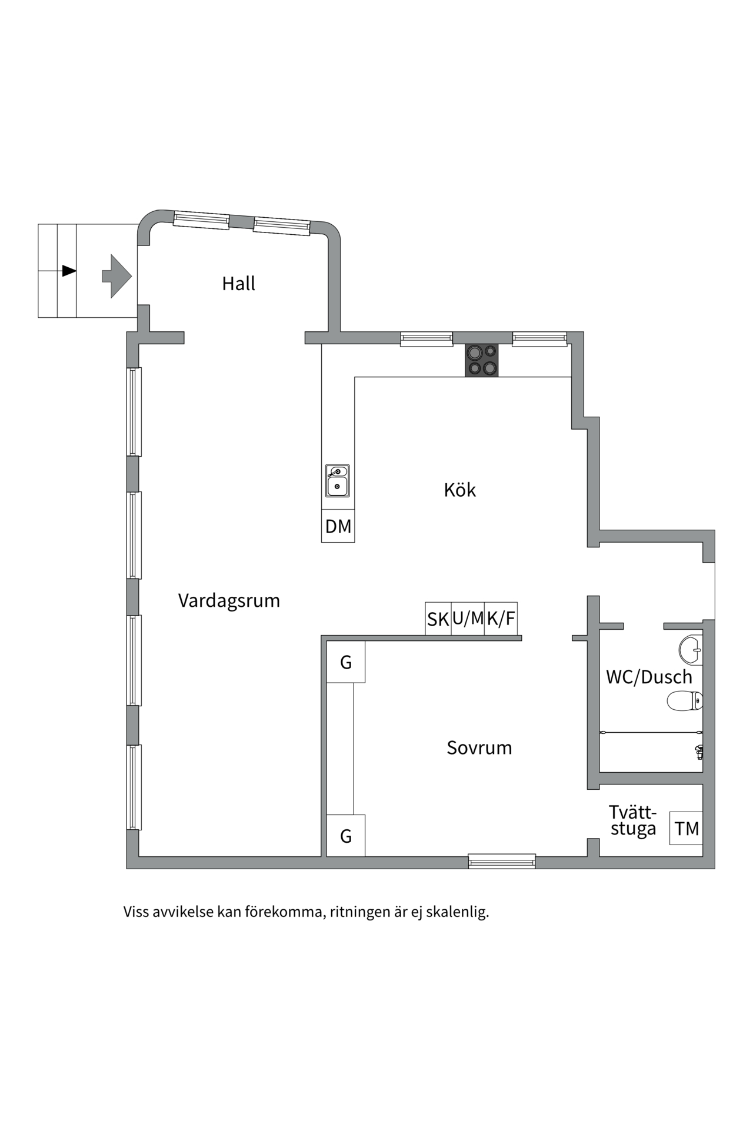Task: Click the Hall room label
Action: click(x=238, y=284)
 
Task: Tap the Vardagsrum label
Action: click(x=229, y=600)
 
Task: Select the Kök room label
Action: click(x=459, y=490)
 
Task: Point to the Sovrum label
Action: click(x=479, y=747)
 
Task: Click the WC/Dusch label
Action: click(x=648, y=677)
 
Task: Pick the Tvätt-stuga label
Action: click(x=632, y=820)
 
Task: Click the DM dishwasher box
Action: click(x=338, y=526)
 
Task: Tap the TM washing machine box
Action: click(x=687, y=829)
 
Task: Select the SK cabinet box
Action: click(x=438, y=619)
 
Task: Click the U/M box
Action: click(x=468, y=619)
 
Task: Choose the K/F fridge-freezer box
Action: click(x=501, y=619)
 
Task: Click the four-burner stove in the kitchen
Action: click(x=482, y=360)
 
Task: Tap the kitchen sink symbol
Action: click(x=338, y=480)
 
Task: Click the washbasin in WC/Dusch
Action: click(x=691, y=650)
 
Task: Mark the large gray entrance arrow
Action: click(x=116, y=275)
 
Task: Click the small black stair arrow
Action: click(x=69, y=271)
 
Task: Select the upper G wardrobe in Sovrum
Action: click(x=346, y=662)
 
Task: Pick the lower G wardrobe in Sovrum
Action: click(x=346, y=835)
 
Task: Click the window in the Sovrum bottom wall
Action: click(x=502, y=862)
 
